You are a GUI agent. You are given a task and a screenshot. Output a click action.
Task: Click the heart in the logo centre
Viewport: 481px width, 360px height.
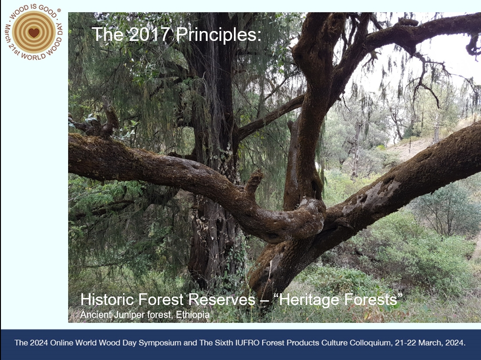tap(34, 32)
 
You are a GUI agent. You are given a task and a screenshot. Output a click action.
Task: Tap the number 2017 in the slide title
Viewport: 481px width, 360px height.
tap(149, 34)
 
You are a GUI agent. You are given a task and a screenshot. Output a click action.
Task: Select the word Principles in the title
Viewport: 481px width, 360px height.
tap(218, 35)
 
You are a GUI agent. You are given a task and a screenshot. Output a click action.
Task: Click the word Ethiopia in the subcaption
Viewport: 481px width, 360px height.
tap(193, 314)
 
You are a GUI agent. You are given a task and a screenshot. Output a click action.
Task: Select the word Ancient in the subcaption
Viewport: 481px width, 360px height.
tap(96, 314)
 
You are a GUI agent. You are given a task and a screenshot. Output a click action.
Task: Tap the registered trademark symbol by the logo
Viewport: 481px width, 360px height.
tap(59, 10)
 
